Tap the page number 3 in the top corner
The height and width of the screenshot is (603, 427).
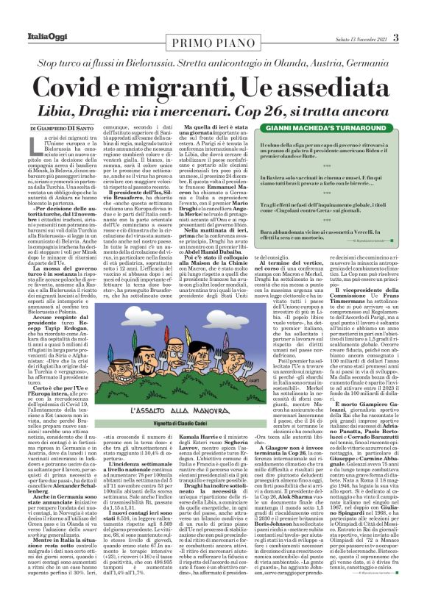[395, 38]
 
